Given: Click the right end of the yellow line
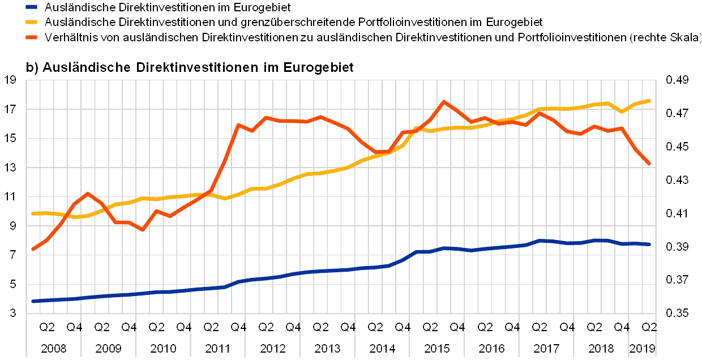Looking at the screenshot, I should (649, 101).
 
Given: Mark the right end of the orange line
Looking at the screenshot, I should (649, 164).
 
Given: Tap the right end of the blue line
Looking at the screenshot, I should (649, 244).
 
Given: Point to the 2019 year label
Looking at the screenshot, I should (643, 347).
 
